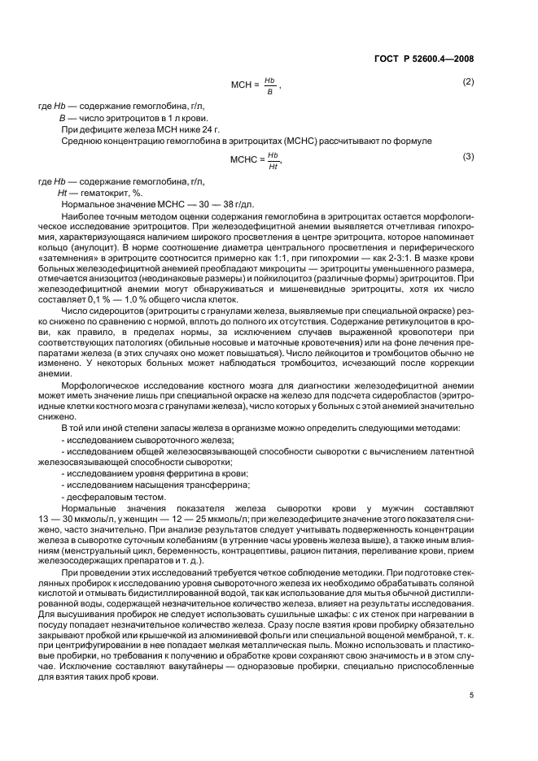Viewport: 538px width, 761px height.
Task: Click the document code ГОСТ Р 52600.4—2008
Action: point(429,59)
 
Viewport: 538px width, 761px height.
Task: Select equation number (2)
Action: point(468,82)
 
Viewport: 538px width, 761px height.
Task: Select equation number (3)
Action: point(468,156)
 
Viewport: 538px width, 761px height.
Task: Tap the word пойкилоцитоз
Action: point(314,299)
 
